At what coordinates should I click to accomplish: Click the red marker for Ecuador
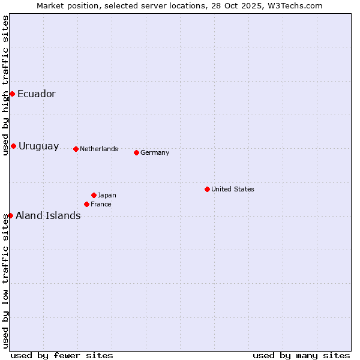pyautogui.click(x=12, y=94)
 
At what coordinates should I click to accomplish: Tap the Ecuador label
pyautogui.click(x=37, y=94)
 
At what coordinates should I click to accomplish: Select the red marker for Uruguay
pyautogui.click(x=13, y=146)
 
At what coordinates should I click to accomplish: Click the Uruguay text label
pyautogui.click(x=39, y=146)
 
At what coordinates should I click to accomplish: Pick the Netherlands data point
pyautogui.click(x=76, y=149)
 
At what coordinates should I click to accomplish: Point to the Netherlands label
pyautogui.click(x=99, y=149)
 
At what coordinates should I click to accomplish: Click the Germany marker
pyautogui.click(x=136, y=152)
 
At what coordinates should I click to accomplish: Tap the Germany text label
pyautogui.click(x=155, y=153)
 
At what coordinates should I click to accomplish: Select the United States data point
pyautogui.click(x=207, y=189)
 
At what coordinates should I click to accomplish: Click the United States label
pyautogui.click(x=233, y=190)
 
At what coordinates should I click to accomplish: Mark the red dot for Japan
pyautogui.click(x=94, y=195)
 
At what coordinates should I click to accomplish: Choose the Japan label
pyautogui.click(x=107, y=196)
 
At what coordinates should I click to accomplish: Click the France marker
pyautogui.click(x=86, y=204)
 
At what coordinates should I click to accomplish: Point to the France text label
pyautogui.click(x=101, y=205)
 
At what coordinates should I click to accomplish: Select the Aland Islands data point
pyautogui.click(x=10, y=215)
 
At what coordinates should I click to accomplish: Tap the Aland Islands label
pyautogui.click(x=48, y=216)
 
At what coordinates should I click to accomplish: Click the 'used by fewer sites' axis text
pyautogui.click(x=62, y=355)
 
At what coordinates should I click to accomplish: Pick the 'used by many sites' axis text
pyautogui.click(x=301, y=355)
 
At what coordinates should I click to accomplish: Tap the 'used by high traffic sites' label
pyautogui.click(x=5, y=85)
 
